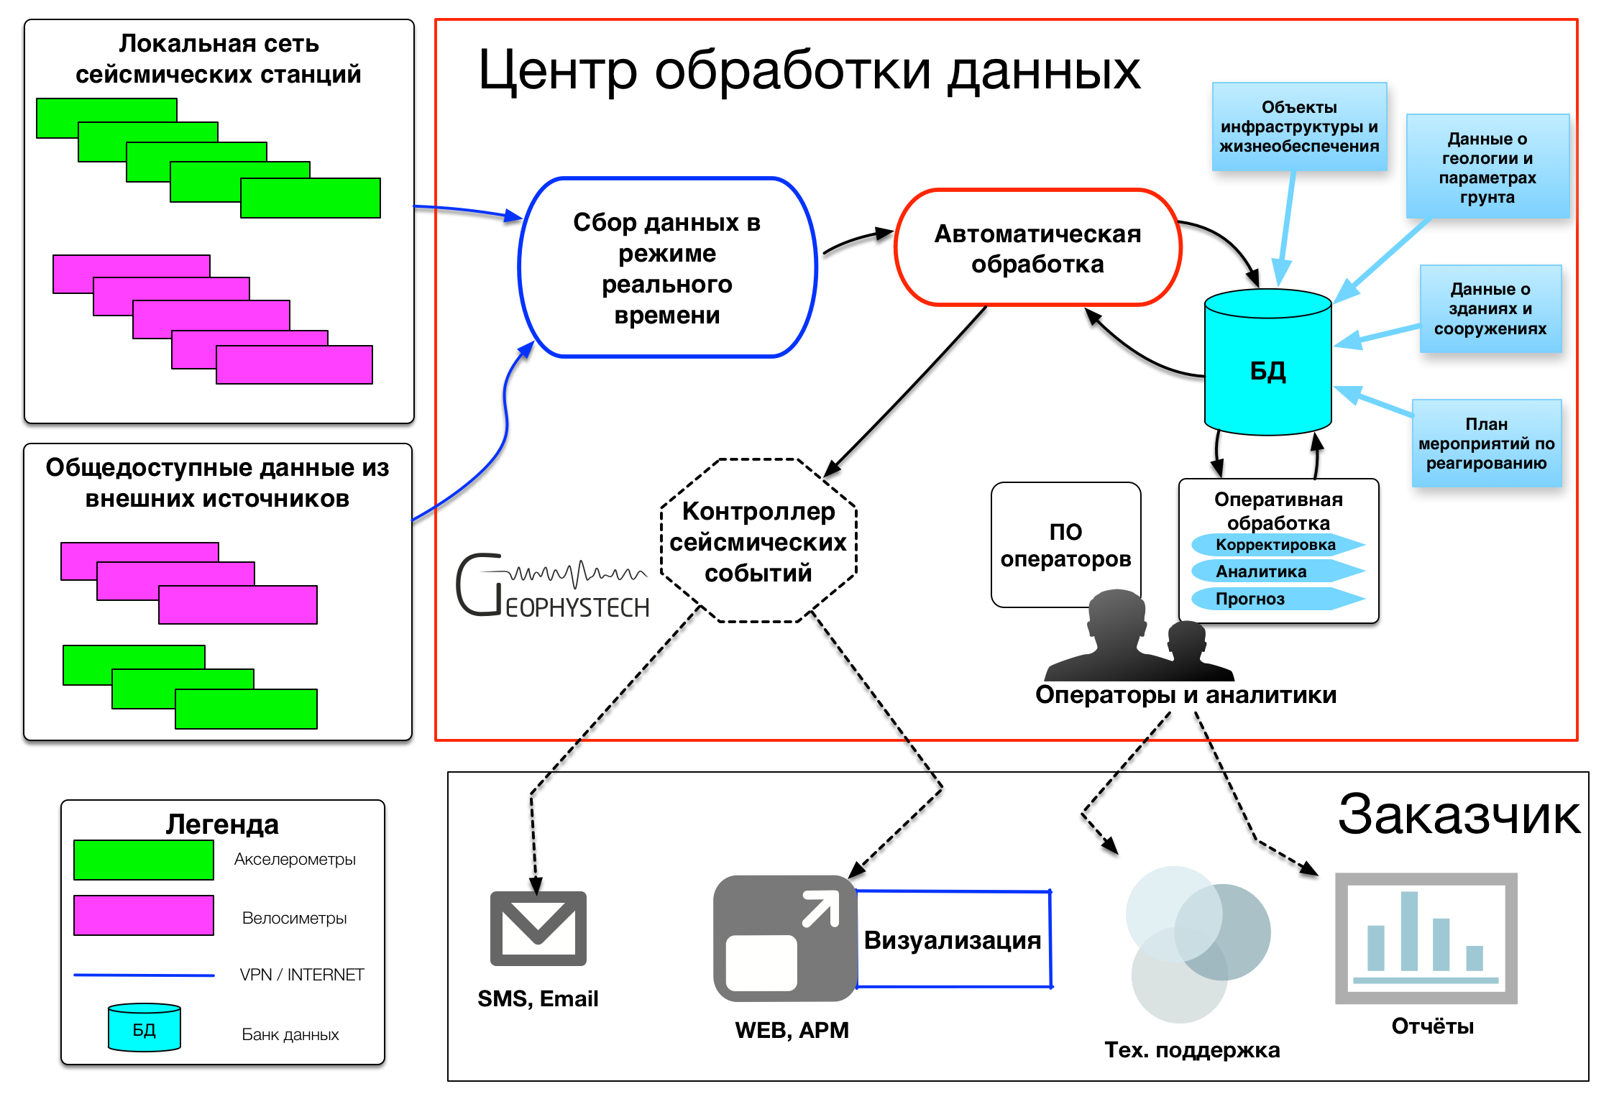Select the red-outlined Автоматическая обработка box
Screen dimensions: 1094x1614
pyautogui.click(x=1037, y=248)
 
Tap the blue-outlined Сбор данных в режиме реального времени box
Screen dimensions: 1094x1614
pyautogui.click(x=667, y=267)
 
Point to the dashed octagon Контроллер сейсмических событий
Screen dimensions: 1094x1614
pyautogui.click(x=758, y=541)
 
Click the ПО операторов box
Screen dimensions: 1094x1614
pyautogui.click(x=1065, y=544)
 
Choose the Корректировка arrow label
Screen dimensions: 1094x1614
pyautogui.click(x=1275, y=545)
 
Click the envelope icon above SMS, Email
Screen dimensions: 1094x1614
pyautogui.click(x=538, y=928)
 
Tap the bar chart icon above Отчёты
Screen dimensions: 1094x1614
pyautogui.click(x=1426, y=938)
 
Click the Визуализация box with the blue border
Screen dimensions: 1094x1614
pyautogui.click(x=953, y=939)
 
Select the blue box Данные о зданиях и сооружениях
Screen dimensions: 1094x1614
pyautogui.click(x=1490, y=309)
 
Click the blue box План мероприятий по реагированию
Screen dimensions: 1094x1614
pyautogui.click(x=1486, y=443)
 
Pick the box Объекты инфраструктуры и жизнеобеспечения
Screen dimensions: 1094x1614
pyautogui.click(x=1299, y=127)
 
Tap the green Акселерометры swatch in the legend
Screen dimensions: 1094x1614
pyautogui.click(x=144, y=860)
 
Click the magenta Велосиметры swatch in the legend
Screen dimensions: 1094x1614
pyautogui.click(x=144, y=915)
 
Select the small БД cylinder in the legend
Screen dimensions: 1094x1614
pyautogui.click(x=144, y=1028)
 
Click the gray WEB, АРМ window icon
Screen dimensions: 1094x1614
pyautogui.click(x=784, y=938)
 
